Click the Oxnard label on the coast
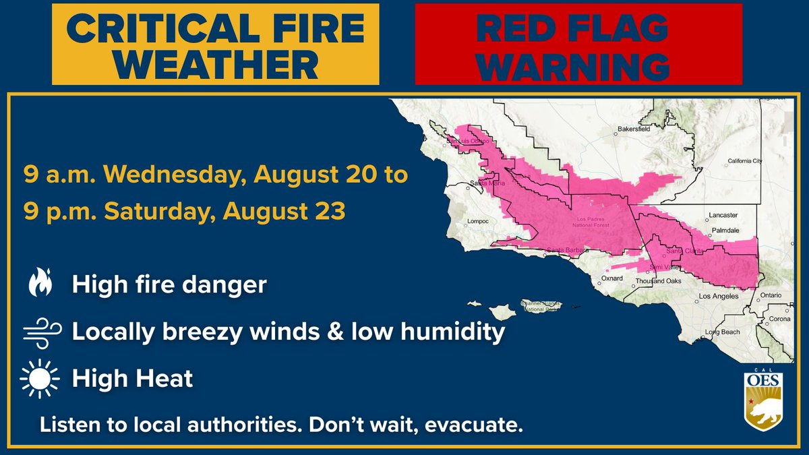(612, 278)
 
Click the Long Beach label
(722, 332)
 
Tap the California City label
(745, 161)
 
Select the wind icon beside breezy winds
(41, 332)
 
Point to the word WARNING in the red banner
(577, 66)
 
